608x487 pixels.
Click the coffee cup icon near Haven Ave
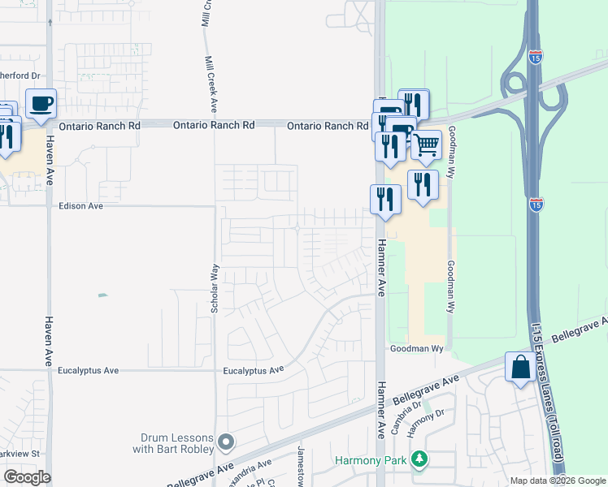(x=41, y=104)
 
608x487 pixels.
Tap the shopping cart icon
(x=426, y=145)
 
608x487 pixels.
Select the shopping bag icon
(x=520, y=368)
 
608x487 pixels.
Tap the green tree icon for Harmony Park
(x=419, y=460)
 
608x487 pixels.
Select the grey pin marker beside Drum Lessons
(x=227, y=442)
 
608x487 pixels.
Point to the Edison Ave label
(x=81, y=206)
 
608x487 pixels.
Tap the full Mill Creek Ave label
(x=211, y=84)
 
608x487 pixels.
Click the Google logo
(x=27, y=477)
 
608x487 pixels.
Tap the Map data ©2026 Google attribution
(x=558, y=481)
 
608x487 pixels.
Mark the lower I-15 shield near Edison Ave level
(x=536, y=204)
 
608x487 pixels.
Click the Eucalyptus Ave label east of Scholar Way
(x=254, y=371)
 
